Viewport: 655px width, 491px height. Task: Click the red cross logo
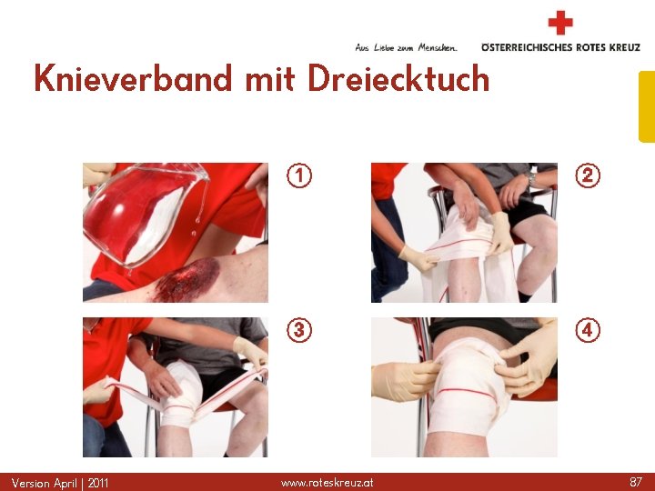560,23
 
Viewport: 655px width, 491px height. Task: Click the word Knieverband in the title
133,78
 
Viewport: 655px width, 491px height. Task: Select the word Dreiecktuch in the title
398,78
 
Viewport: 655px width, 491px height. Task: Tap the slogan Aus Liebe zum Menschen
406,47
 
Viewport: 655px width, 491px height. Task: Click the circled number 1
299,175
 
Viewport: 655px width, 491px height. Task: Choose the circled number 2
588,175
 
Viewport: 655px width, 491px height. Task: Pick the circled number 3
299,330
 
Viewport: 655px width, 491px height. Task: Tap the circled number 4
588,330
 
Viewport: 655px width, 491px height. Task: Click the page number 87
635,482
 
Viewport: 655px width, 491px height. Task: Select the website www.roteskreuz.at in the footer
327,483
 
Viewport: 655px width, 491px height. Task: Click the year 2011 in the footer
97,484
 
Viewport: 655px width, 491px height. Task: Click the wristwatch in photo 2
531,178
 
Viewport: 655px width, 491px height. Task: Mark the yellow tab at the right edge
647,107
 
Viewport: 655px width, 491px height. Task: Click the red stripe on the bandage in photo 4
466,393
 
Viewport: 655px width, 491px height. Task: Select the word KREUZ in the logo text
624,47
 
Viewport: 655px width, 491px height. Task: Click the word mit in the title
270,78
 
